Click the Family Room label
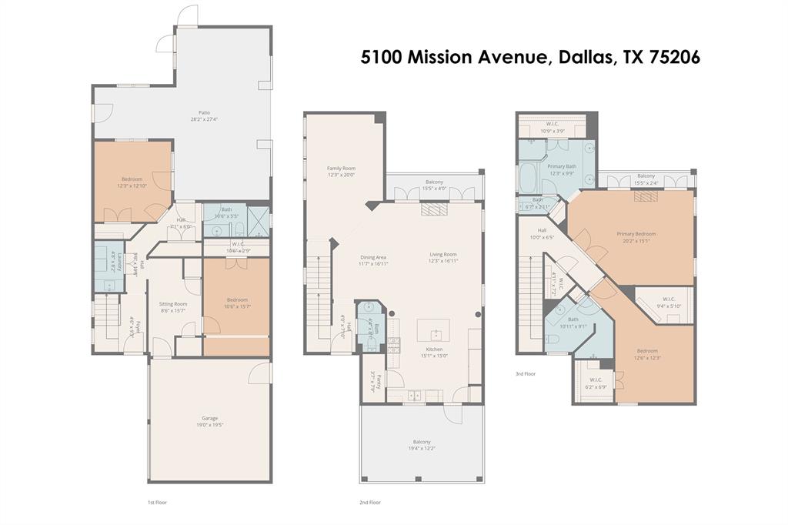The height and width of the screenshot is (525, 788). [341, 168]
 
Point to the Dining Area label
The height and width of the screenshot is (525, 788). [373, 257]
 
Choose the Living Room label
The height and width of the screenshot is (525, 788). [443, 255]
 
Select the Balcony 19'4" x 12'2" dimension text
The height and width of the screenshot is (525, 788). [423, 448]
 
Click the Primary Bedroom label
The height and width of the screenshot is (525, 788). [636, 234]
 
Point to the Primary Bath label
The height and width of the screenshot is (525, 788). [562, 166]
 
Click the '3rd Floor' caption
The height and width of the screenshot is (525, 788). [526, 374]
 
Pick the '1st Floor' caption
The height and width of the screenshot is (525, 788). [157, 502]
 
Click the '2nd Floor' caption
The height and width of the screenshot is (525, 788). [370, 502]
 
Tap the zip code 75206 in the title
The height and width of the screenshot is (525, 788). [673, 57]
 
